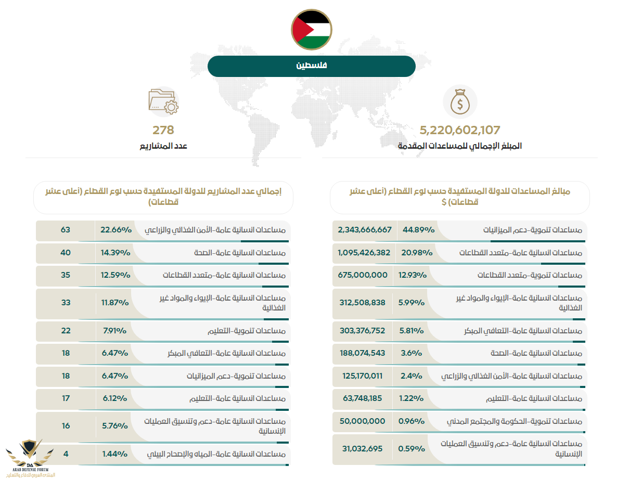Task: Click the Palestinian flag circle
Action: point(312,29)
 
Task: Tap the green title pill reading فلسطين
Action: point(312,66)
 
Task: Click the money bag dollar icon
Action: point(459,102)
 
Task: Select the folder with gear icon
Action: point(163,101)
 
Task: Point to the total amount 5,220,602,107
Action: point(459,130)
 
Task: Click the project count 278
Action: point(163,130)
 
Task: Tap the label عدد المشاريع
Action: point(163,146)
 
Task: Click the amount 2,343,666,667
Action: point(364,230)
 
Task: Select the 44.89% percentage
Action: point(413,230)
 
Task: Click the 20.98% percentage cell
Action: point(413,252)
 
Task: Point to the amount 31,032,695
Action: point(362,448)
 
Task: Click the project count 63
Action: point(65,230)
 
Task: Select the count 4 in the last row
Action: point(65,454)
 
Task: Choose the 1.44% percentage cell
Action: point(114,454)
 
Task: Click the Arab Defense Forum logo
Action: point(29,458)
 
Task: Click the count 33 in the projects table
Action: point(65,303)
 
